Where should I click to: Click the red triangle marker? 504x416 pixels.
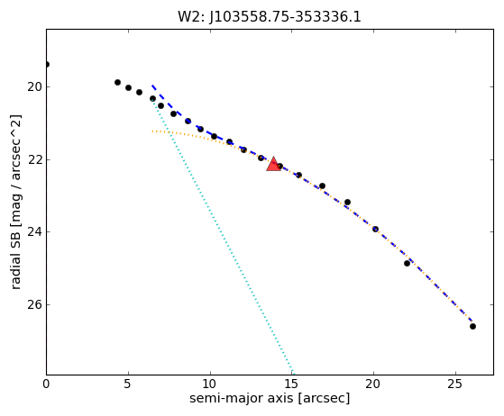point(273,165)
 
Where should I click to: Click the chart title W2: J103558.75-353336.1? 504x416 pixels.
point(270,17)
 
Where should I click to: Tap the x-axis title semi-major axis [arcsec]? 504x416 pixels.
point(270,398)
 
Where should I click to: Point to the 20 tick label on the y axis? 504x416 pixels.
point(34,87)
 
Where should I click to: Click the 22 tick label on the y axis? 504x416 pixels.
point(34,159)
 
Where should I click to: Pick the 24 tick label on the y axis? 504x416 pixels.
point(34,231)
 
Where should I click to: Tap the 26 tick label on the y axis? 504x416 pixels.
point(34,304)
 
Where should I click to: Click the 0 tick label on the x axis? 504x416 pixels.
point(46,384)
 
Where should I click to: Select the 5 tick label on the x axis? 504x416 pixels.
point(128,384)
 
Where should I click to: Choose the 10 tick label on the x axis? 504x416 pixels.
point(210,384)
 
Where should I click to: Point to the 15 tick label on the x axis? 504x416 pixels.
point(292,384)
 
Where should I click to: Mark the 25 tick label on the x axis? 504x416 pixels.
point(455,384)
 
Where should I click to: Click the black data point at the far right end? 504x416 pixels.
point(472,327)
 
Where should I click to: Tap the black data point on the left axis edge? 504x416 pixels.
point(47,65)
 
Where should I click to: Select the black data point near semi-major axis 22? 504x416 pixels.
point(407,264)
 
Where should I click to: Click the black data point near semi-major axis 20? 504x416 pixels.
point(375,230)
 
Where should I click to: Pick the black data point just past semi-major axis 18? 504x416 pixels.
point(347,203)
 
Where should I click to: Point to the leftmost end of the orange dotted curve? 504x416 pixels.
point(152,131)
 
